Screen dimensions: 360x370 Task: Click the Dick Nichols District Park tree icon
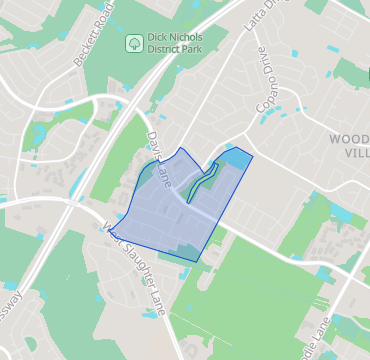tap(134, 43)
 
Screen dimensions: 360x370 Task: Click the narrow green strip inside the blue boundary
tap(204, 181)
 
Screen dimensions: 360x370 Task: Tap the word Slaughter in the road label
tap(140, 265)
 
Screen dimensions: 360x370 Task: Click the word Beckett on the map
tap(83, 48)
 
